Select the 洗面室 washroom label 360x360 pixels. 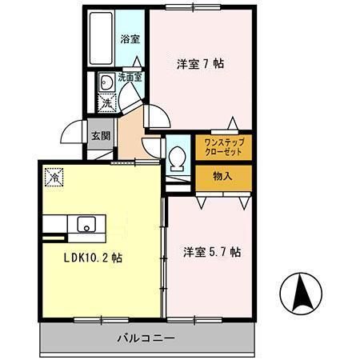coord(130,78)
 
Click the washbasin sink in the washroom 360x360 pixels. coord(105,81)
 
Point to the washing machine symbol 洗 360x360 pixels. coord(106,102)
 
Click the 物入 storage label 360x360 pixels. coord(223,176)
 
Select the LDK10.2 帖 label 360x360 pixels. coord(93,258)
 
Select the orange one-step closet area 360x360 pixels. coord(223,146)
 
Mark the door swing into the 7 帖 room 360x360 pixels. coord(158,117)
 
